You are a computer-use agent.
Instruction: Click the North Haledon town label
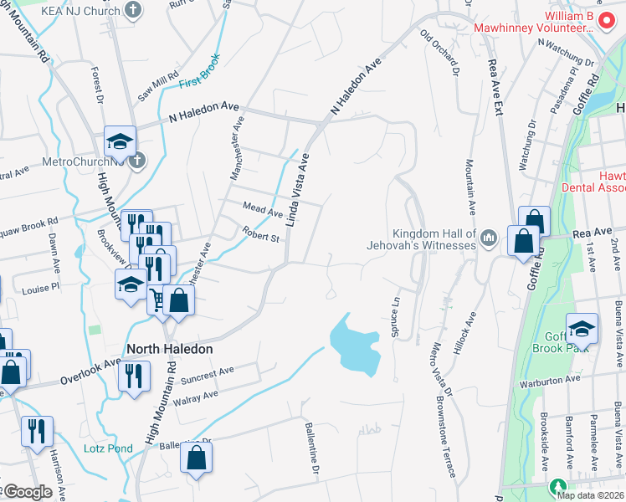(169, 348)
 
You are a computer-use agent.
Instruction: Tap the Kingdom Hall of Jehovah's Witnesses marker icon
(490, 240)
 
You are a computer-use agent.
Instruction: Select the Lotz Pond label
(108, 448)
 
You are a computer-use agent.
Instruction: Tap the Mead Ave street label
(263, 213)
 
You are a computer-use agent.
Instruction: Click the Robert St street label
(260, 237)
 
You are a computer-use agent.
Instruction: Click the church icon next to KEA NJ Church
(132, 10)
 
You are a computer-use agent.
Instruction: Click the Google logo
(27, 493)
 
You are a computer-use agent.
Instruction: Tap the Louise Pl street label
(41, 287)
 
